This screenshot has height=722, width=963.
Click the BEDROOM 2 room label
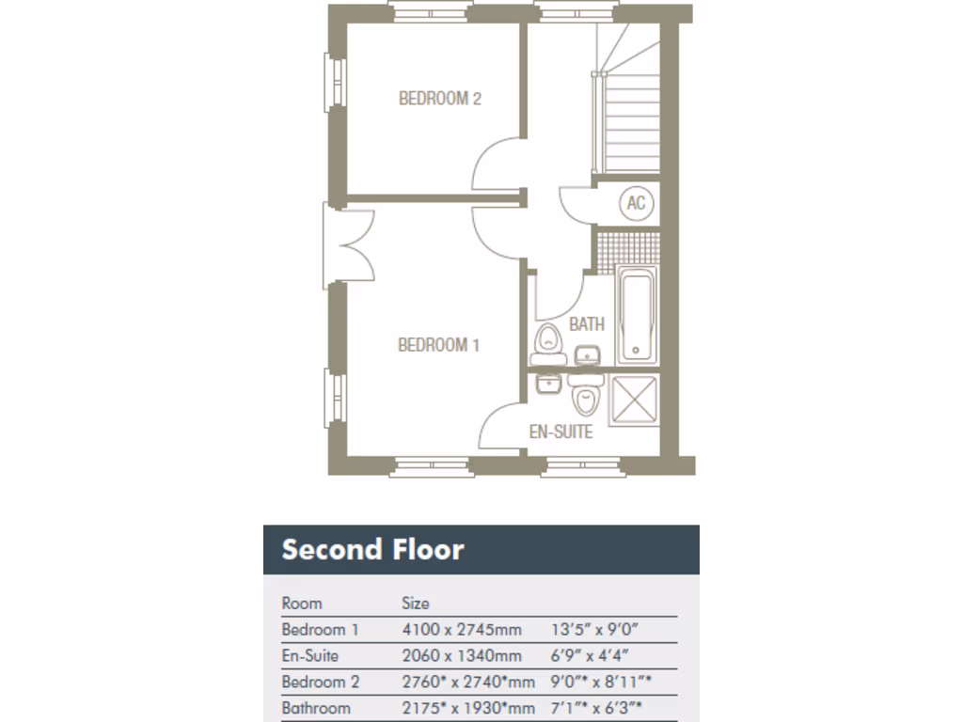[x=439, y=98]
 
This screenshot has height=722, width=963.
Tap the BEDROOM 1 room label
[x=438, y=345]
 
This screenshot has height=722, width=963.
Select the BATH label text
[x=586, y=324]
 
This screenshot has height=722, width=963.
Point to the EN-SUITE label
[x=560, y=432]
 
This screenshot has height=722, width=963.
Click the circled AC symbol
[x=636, y=203]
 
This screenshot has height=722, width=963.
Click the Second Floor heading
[x=372, y=549]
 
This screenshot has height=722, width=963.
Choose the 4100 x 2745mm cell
[x=461, y=629]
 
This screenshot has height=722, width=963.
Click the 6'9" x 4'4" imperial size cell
[x=589, y=655]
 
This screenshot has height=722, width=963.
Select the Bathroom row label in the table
[x=315, y=708]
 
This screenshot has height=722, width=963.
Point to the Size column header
[x=416, y=603]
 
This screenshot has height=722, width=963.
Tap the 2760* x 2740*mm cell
[x=467, y=682]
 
